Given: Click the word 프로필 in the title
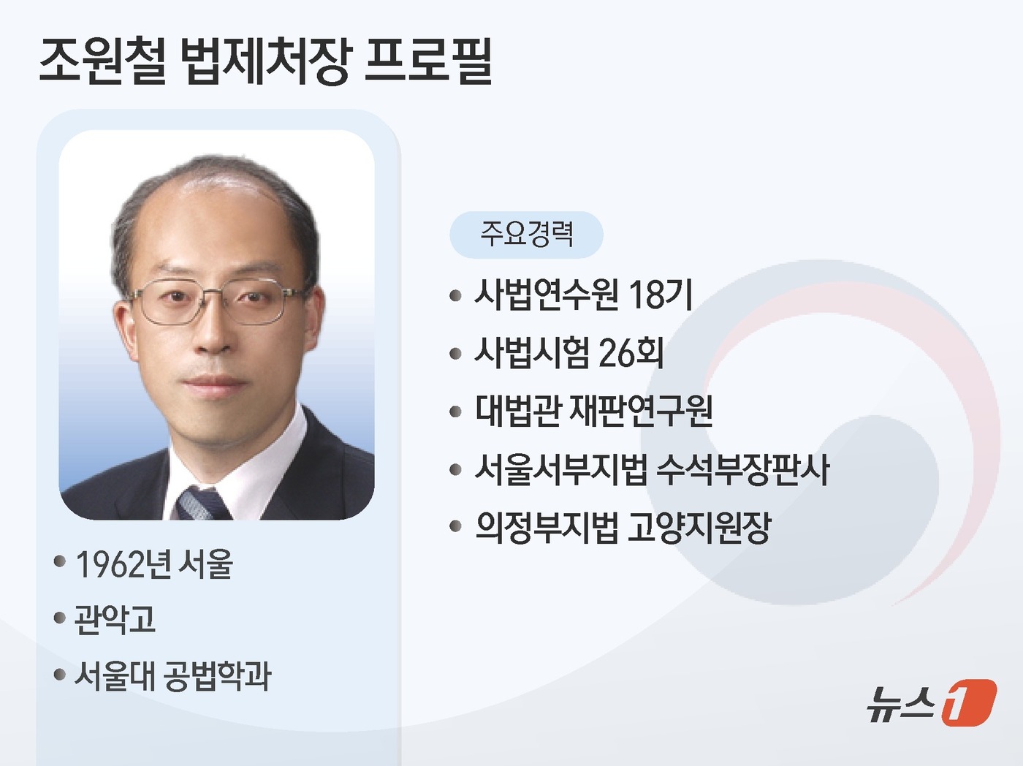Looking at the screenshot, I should tap(429, 61).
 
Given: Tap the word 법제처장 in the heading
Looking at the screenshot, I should tap(265, 61).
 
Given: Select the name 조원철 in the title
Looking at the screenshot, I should tap(102, 61).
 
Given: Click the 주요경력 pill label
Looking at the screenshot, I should tap(526, 234).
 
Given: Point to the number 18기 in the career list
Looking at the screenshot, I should tap(660, 295).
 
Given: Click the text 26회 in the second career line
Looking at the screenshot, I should tap(631, 353).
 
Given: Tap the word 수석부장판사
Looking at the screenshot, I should tap(742, 469).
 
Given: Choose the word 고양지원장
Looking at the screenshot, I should tap(699, 527).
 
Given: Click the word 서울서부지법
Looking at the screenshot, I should tap(560, 469).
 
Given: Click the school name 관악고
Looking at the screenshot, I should tap(115, 620).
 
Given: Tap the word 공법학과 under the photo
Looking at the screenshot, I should tap(216, 676).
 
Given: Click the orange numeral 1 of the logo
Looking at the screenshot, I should tap(967, 703).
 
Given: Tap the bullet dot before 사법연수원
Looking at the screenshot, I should tap(456, 296).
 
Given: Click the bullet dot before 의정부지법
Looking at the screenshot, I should tap(456, 527).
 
